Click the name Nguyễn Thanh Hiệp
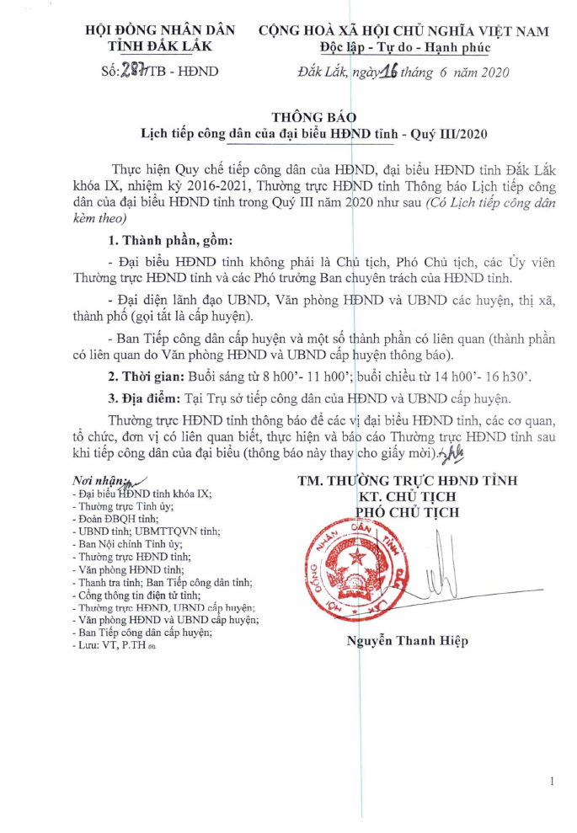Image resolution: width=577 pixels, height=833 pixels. pyautogui.click(x=407, y=641)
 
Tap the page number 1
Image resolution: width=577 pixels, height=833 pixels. pyautogui.click(x=552, y=782)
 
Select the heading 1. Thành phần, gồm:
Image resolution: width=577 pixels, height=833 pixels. pyautogui.click(x=160, y=241)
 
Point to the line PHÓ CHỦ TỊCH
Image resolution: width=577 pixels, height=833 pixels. pyautogui.click(x=409, y=512)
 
